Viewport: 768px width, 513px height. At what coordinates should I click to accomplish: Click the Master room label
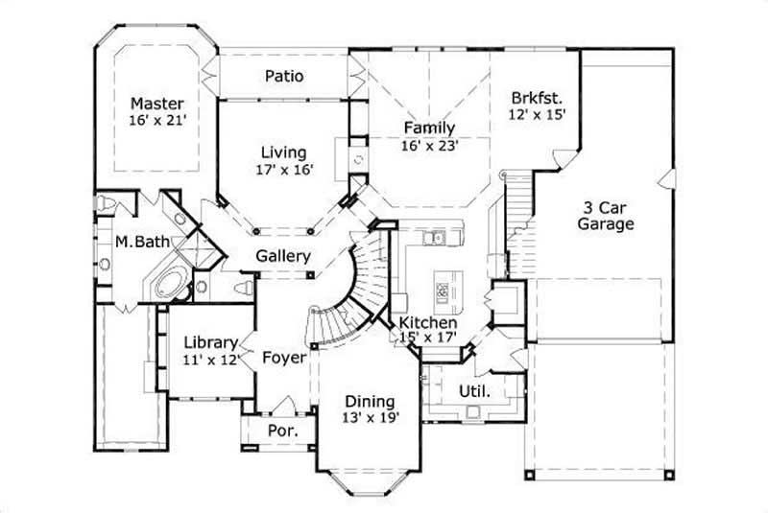point(157,103)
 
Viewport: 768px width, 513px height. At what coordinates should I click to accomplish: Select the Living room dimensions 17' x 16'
point(283,170)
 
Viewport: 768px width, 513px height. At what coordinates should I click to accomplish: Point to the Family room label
point(429,128)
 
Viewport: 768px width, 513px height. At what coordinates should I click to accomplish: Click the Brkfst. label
point(537,96)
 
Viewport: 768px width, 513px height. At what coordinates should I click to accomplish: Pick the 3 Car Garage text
point(608,216)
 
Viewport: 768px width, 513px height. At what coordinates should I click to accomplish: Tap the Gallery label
point(283,256)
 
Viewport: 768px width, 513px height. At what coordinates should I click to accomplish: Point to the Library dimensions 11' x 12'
point(209,361)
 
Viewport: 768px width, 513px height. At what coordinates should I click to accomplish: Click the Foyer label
point(284,358)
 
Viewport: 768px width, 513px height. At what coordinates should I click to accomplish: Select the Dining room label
point(368,400)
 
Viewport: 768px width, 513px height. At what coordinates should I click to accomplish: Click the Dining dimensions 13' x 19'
point(368,417)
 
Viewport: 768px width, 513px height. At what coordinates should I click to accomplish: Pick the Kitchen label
point(428,323)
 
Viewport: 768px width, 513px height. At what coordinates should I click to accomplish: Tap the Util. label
point(474,391)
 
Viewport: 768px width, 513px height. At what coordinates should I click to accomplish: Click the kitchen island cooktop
point(444,286)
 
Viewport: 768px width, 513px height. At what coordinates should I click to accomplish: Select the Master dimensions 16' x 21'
point(157,121)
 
